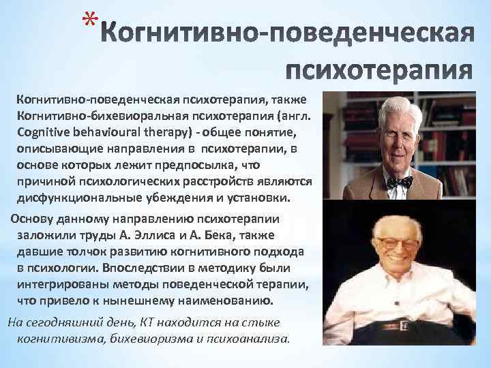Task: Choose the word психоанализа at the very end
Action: pos(254,339)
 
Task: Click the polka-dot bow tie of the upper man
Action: pos(398,181)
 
